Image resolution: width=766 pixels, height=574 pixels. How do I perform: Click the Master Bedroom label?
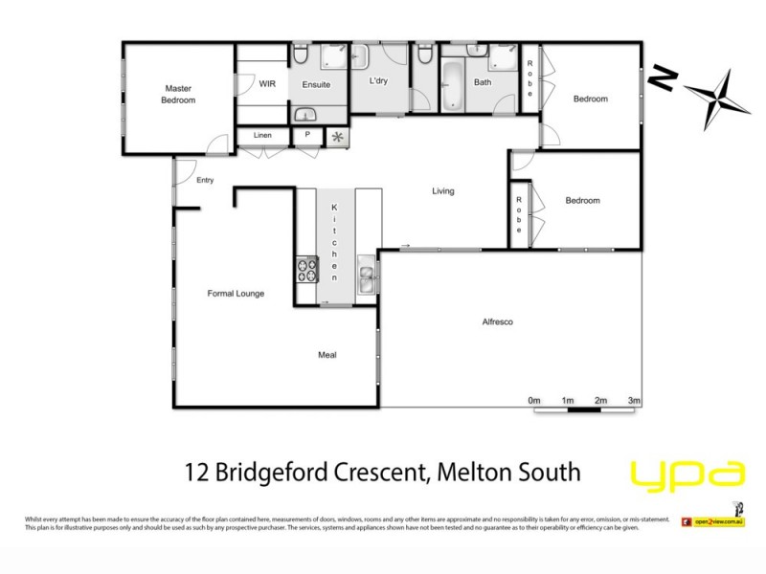[178, 94]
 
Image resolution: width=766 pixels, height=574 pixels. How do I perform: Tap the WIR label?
[268, 84]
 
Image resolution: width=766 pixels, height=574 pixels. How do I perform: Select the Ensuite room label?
[316, 84]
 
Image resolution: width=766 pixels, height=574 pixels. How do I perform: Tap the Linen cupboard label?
[262, 135]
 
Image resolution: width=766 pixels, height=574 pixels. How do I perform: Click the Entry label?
[204, 180]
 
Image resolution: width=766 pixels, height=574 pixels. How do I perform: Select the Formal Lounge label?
[236, 293]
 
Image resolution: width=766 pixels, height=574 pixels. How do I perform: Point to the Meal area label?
[327, 355]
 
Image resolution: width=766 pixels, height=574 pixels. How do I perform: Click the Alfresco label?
[498, 322]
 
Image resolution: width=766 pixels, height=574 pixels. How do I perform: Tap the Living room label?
[442, 191]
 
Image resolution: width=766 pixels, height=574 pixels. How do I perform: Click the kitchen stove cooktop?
[307, 271]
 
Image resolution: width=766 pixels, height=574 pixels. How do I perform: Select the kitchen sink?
[368, 279]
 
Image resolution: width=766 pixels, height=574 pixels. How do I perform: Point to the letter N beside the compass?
[661, 79]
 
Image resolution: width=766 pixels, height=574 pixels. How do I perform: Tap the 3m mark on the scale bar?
[633, 399]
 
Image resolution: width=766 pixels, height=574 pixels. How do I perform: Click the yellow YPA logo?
[687, 475]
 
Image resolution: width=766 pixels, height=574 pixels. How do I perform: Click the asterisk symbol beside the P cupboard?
[337, 136]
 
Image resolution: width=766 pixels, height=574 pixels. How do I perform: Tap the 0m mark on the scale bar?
[534, 399]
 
